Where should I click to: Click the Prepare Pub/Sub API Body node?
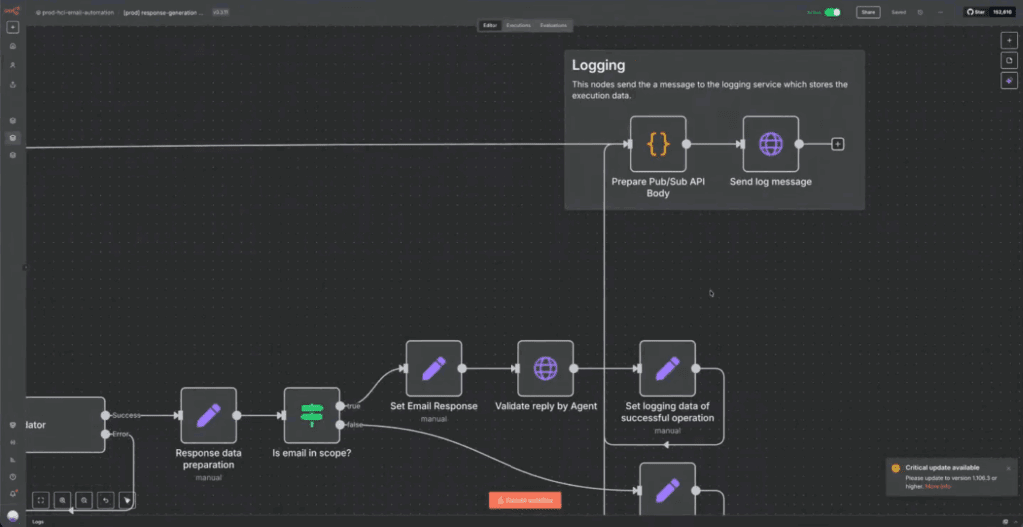point(658,144)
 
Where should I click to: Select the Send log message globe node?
point(770,144)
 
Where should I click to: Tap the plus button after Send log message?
point(838,144)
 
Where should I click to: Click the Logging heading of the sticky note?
point(598,66)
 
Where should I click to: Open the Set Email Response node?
point(433,368)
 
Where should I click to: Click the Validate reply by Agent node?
point(545,368)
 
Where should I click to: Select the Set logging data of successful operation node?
point(667,368)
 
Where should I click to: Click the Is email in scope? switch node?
point(312,415)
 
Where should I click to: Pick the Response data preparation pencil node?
point(208,415)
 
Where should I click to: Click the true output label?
point(354,406)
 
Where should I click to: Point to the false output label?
point(355,425)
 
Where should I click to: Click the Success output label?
point(126,415)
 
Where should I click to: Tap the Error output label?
point(120,434)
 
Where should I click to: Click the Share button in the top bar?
point(868,12)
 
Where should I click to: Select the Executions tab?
point(517,25)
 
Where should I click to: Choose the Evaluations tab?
point(552,25)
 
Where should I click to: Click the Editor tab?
point(489,25)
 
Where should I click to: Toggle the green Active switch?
point(832,12)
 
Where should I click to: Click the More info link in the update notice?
point(938,486)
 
